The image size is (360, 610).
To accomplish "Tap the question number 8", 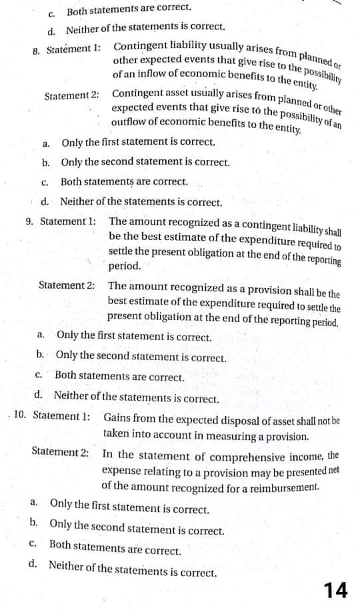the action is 37,50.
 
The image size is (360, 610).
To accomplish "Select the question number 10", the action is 20,415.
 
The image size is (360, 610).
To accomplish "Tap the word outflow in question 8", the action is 129,123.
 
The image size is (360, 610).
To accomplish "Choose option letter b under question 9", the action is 41,356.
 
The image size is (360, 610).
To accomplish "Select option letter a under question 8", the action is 46,142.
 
